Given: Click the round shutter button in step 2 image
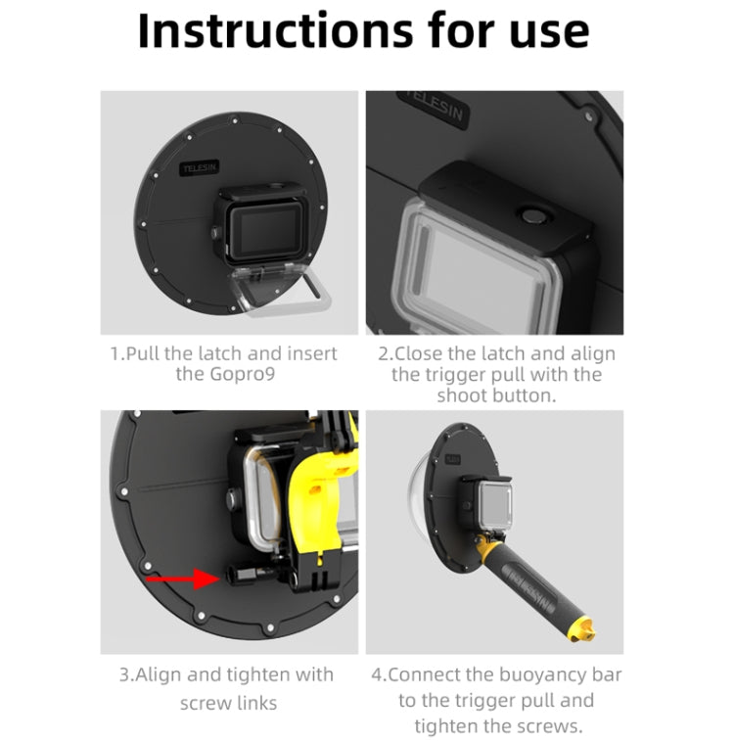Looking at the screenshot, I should (534, 216).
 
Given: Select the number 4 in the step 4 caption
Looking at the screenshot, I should (380, 674).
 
